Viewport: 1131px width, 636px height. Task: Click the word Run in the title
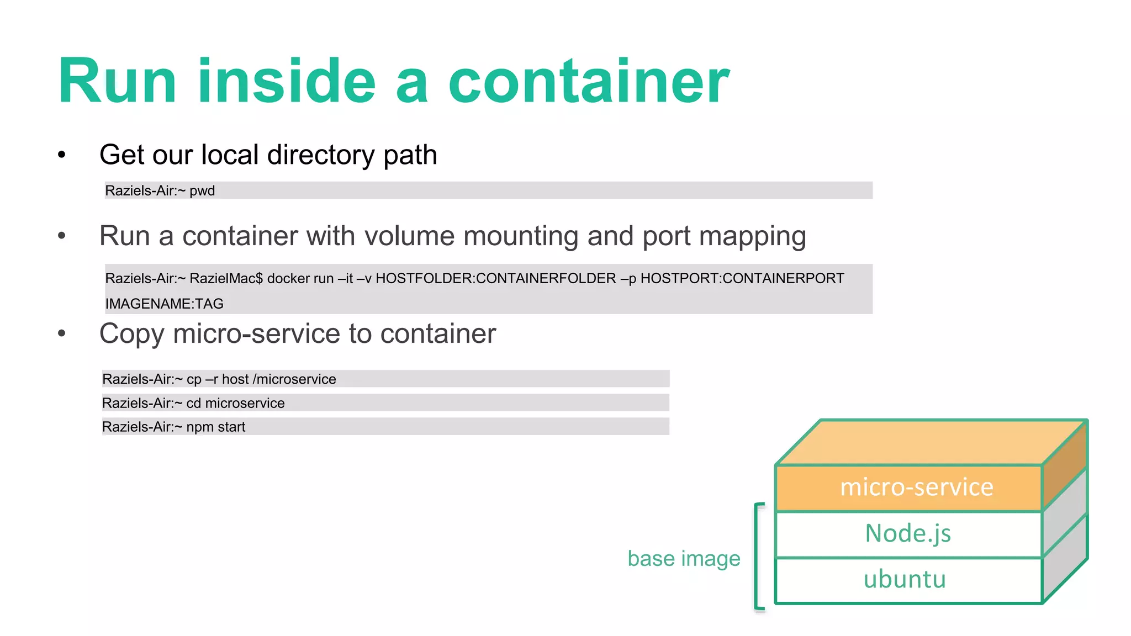(x=117, y=81)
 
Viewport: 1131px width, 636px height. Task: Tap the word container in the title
(x=589, y=81)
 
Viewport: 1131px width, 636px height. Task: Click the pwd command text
(x=202, y=191)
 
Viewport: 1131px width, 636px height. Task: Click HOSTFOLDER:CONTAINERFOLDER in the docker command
(x=495, y=278)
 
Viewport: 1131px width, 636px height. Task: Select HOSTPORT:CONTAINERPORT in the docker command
(x=742, y=278)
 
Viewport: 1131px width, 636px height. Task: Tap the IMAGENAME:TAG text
(x=165, y=304)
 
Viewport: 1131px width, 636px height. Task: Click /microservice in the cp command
(x=294, y=379)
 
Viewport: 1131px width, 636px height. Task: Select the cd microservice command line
(x=193, y=403)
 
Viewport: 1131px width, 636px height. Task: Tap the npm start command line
(x=173, y=427)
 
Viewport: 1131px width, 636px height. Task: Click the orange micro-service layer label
(x=916, y=487)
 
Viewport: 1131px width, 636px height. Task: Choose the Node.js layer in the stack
(x=908, y=534)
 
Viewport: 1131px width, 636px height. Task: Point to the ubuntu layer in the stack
(x=905, y=580)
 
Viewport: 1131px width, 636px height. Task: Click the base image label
(x=684, y=559)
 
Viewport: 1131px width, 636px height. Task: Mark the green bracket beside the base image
(x=758, y=556)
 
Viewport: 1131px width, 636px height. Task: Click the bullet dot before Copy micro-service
(x=62, y=333)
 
